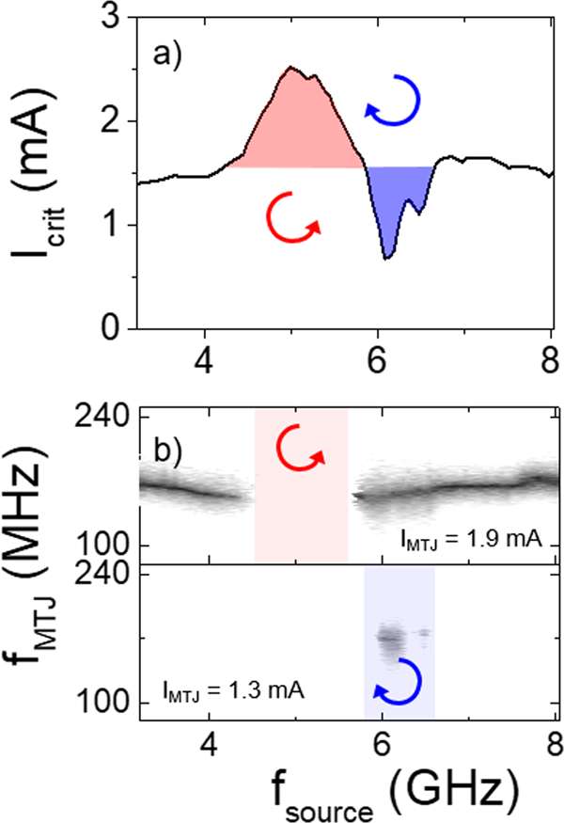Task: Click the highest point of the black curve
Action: point(291,67)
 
